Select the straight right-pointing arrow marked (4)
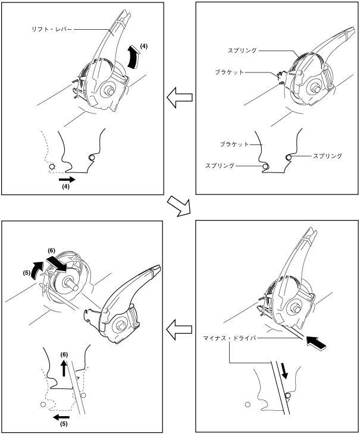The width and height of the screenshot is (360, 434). tap(67, 178)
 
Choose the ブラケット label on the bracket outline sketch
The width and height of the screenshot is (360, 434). tap(234, 144)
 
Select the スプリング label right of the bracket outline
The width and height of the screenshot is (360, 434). tap(327, 156)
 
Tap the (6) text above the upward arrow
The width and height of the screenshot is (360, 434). tap(64, 355)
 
